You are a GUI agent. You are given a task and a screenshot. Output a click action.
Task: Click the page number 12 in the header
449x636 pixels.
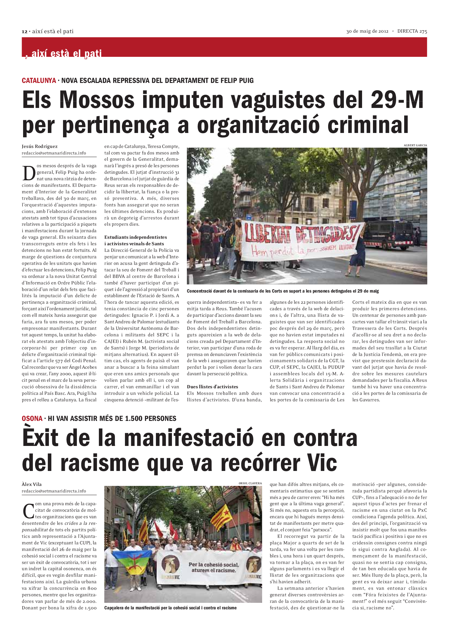click(x=24, y=32)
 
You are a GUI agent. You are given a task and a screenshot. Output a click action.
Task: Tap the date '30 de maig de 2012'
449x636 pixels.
click(x=367, y=31)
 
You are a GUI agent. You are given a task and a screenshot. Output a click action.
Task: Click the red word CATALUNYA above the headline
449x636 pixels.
click(x=39, y=80)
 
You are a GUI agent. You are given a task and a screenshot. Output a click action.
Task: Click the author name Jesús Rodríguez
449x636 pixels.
click(x=40, y=146)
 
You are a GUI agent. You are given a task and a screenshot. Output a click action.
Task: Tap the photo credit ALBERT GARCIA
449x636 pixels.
click(x=415, y=145)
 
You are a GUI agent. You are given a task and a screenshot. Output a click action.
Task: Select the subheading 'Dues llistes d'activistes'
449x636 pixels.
click(x=212, y=387)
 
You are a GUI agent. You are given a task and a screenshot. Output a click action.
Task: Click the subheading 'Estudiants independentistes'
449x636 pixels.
click(x=136, y=237)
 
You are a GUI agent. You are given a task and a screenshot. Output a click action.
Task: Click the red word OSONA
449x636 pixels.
click(x=32, y=418)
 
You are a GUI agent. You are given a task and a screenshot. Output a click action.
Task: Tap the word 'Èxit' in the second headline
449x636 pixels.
click(x=40, y=438)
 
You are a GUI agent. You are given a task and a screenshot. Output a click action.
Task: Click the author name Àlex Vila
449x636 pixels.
click(x=32, y=484)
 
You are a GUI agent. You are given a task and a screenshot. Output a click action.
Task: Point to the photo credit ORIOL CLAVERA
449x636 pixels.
click(x=250, y=483)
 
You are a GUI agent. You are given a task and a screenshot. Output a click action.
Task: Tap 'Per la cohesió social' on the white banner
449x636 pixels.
click(x=213, y=564)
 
